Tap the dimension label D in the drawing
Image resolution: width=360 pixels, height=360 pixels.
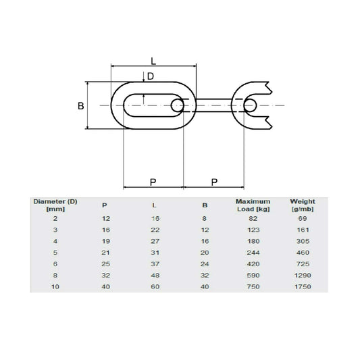pos(151,76)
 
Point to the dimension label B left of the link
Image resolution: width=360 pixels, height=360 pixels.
pos(81,105)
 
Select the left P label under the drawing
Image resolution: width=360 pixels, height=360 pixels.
pos(153,182)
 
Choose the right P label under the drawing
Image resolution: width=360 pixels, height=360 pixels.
pos(214,182)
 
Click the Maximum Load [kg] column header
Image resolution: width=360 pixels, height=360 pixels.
pos(253,205)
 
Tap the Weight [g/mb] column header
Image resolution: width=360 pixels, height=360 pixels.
pos(301,205)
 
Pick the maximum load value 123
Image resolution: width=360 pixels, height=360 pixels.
pos(253,230)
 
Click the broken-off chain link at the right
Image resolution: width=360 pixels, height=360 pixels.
pos(253,105)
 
